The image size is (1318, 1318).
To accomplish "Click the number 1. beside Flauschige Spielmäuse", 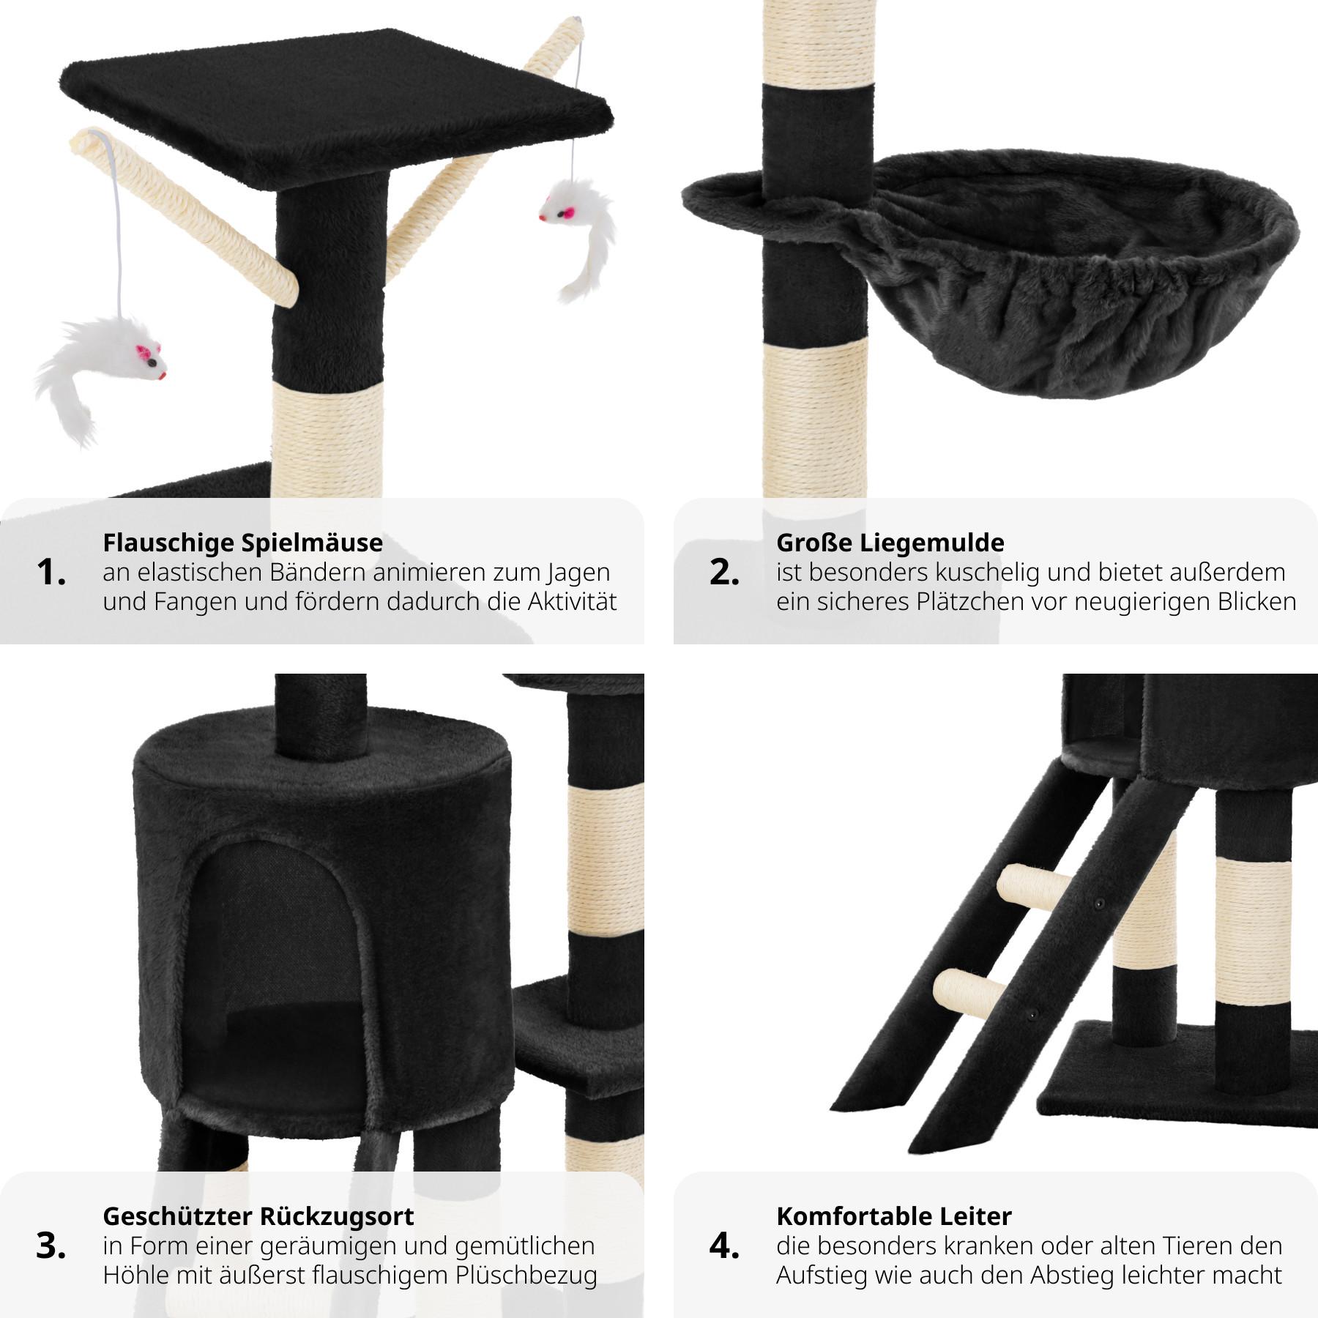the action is click(51, 573).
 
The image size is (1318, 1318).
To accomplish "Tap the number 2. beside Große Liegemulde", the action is click(724, 573).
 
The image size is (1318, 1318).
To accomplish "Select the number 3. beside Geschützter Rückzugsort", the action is click(51, 1246).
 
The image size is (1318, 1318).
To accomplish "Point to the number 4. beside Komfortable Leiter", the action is click(724, 1246).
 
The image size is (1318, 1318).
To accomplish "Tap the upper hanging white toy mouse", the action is click(578, 234).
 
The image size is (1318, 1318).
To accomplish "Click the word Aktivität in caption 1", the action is click(573, 602).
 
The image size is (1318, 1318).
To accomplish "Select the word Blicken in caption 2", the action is click(1257, 602).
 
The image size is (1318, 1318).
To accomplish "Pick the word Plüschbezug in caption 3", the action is click(526, 1276).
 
